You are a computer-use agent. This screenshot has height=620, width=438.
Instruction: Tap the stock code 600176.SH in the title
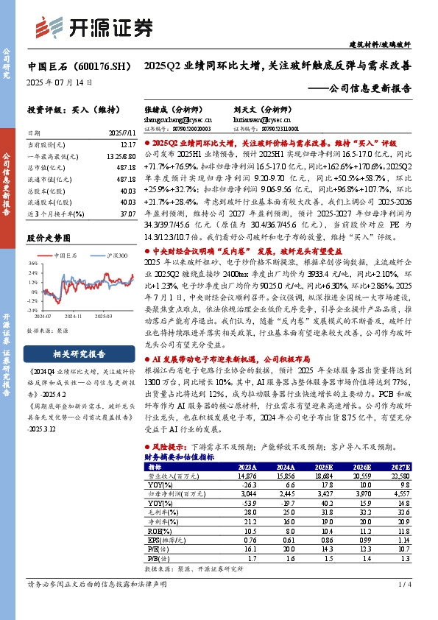[x=96, y=66]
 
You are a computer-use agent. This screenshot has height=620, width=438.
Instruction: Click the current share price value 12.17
[x=127, y=146]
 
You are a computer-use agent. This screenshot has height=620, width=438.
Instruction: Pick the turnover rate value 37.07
[x=127, y=212]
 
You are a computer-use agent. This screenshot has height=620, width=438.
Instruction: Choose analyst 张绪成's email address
[x=169, y=117]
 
